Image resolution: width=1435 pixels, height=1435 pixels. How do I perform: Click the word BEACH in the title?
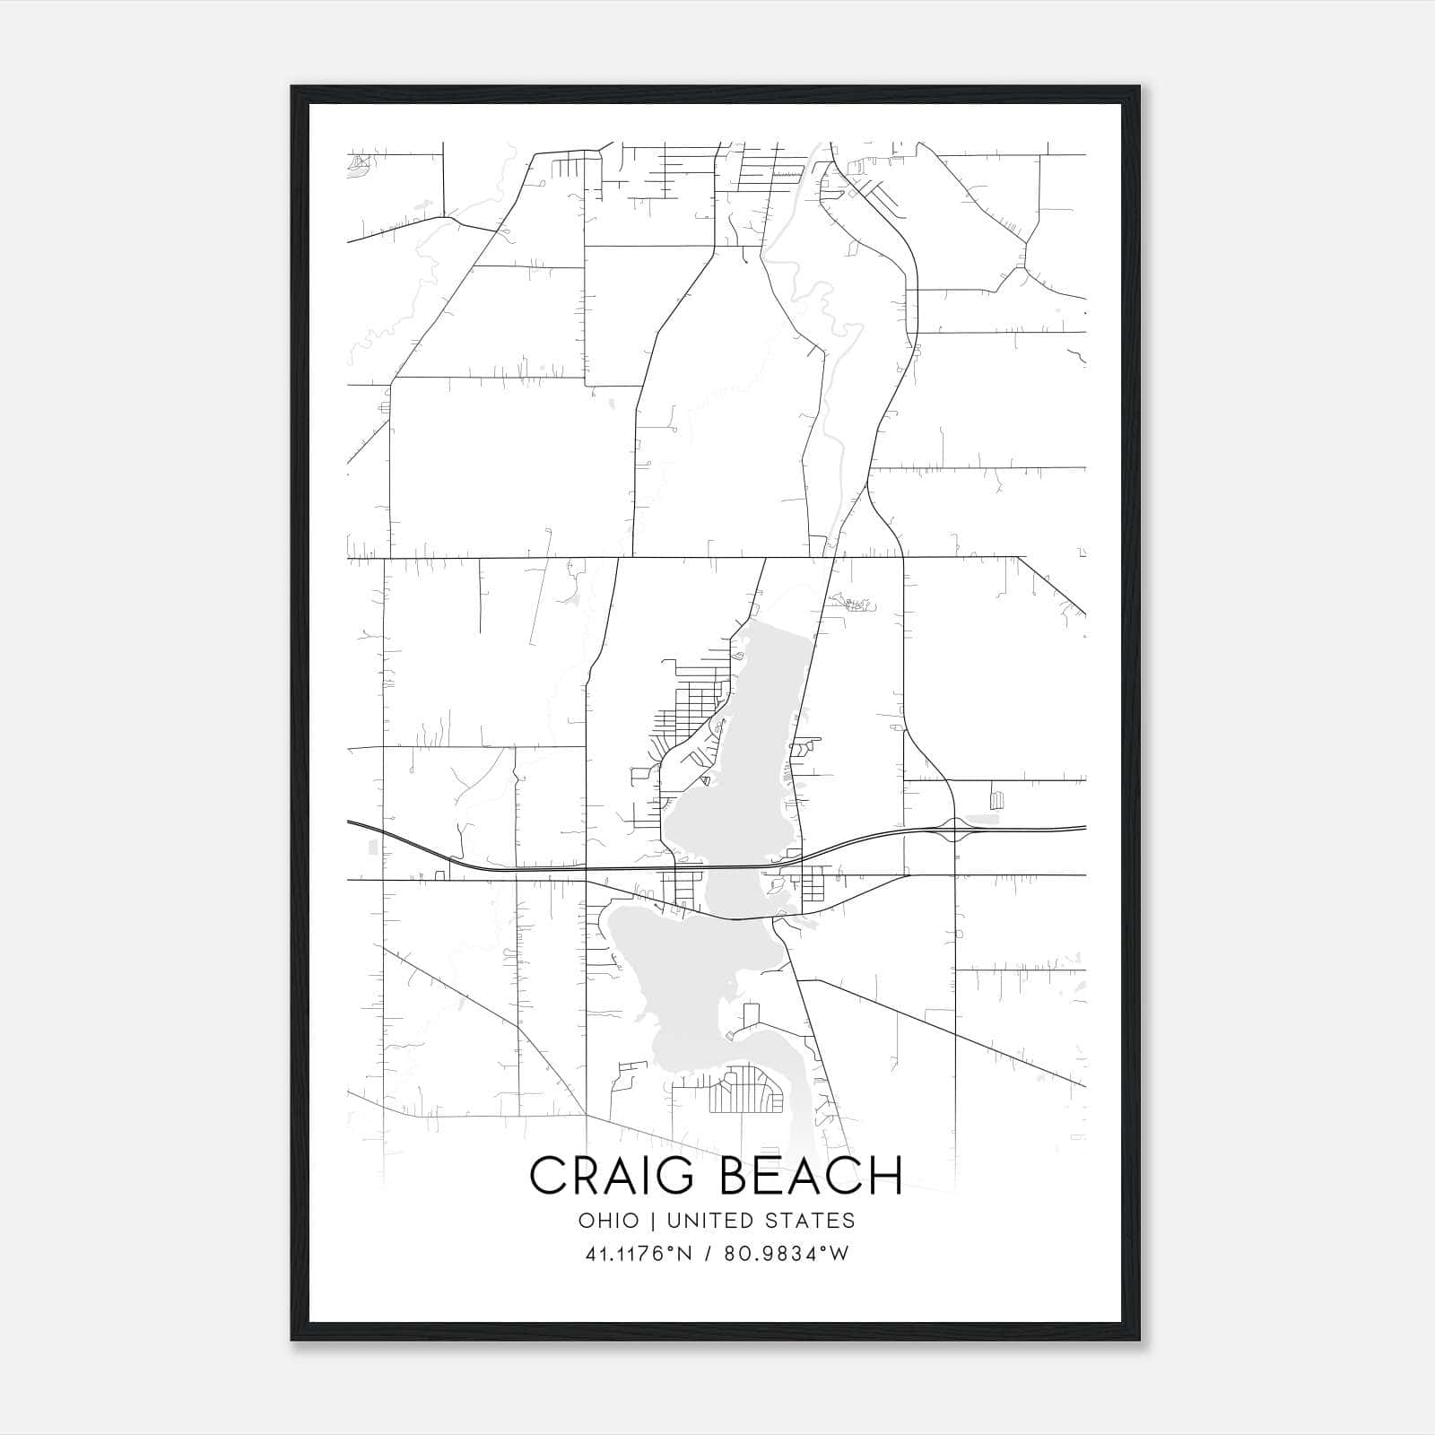pyautogui.click(x=812, y=1176)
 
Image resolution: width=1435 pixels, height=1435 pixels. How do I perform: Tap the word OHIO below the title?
pyautogui.click(x=609, y=1220)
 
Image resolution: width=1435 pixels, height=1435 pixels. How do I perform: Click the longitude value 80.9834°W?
pyautogui.click(x=787, y=1254)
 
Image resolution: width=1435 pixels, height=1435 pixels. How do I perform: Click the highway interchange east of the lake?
pyautogui.click(x=954, y=831)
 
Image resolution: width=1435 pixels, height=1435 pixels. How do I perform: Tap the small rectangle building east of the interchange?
pyautogui.click(x=996, y=798)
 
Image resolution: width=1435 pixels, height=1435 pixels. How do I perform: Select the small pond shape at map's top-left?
pyautogui.click(x=360, y=164)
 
